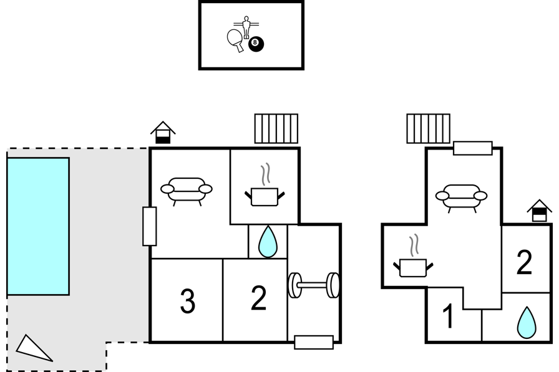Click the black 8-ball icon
coord(256,44)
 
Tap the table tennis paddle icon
coord(235,40)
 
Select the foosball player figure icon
coord(246,27)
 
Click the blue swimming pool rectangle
coord(38,226)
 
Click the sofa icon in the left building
coord(187,191)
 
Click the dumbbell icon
coord(314,285)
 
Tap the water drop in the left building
coord(268,242)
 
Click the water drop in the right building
coord(527,323)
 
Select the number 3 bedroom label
coord(188,302)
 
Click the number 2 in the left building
coord(259,298)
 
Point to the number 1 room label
coord(448,316)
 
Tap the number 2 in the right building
coord(525,263)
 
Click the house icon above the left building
coord(163,133)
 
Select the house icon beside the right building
coord(540,211)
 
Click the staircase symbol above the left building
coord(276,128)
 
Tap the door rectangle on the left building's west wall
coord(149,226)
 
